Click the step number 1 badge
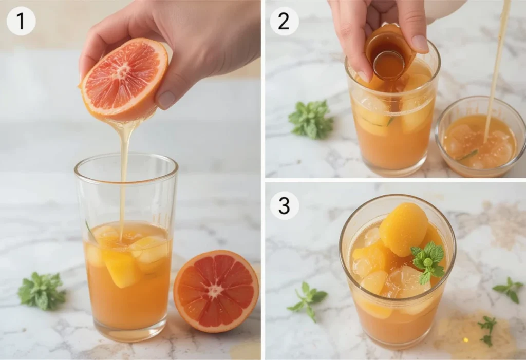click(21, 21)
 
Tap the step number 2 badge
click(284, 21)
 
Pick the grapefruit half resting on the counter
click(216, 291)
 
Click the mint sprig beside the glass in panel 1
click(42, 291)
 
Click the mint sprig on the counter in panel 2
click(311, 120)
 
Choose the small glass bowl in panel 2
click(480, 139)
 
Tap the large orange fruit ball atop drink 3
click(403, 228)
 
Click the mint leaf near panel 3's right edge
click(509, 289)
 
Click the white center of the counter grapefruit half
click(215, 290)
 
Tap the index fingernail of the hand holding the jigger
click(420, 43)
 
